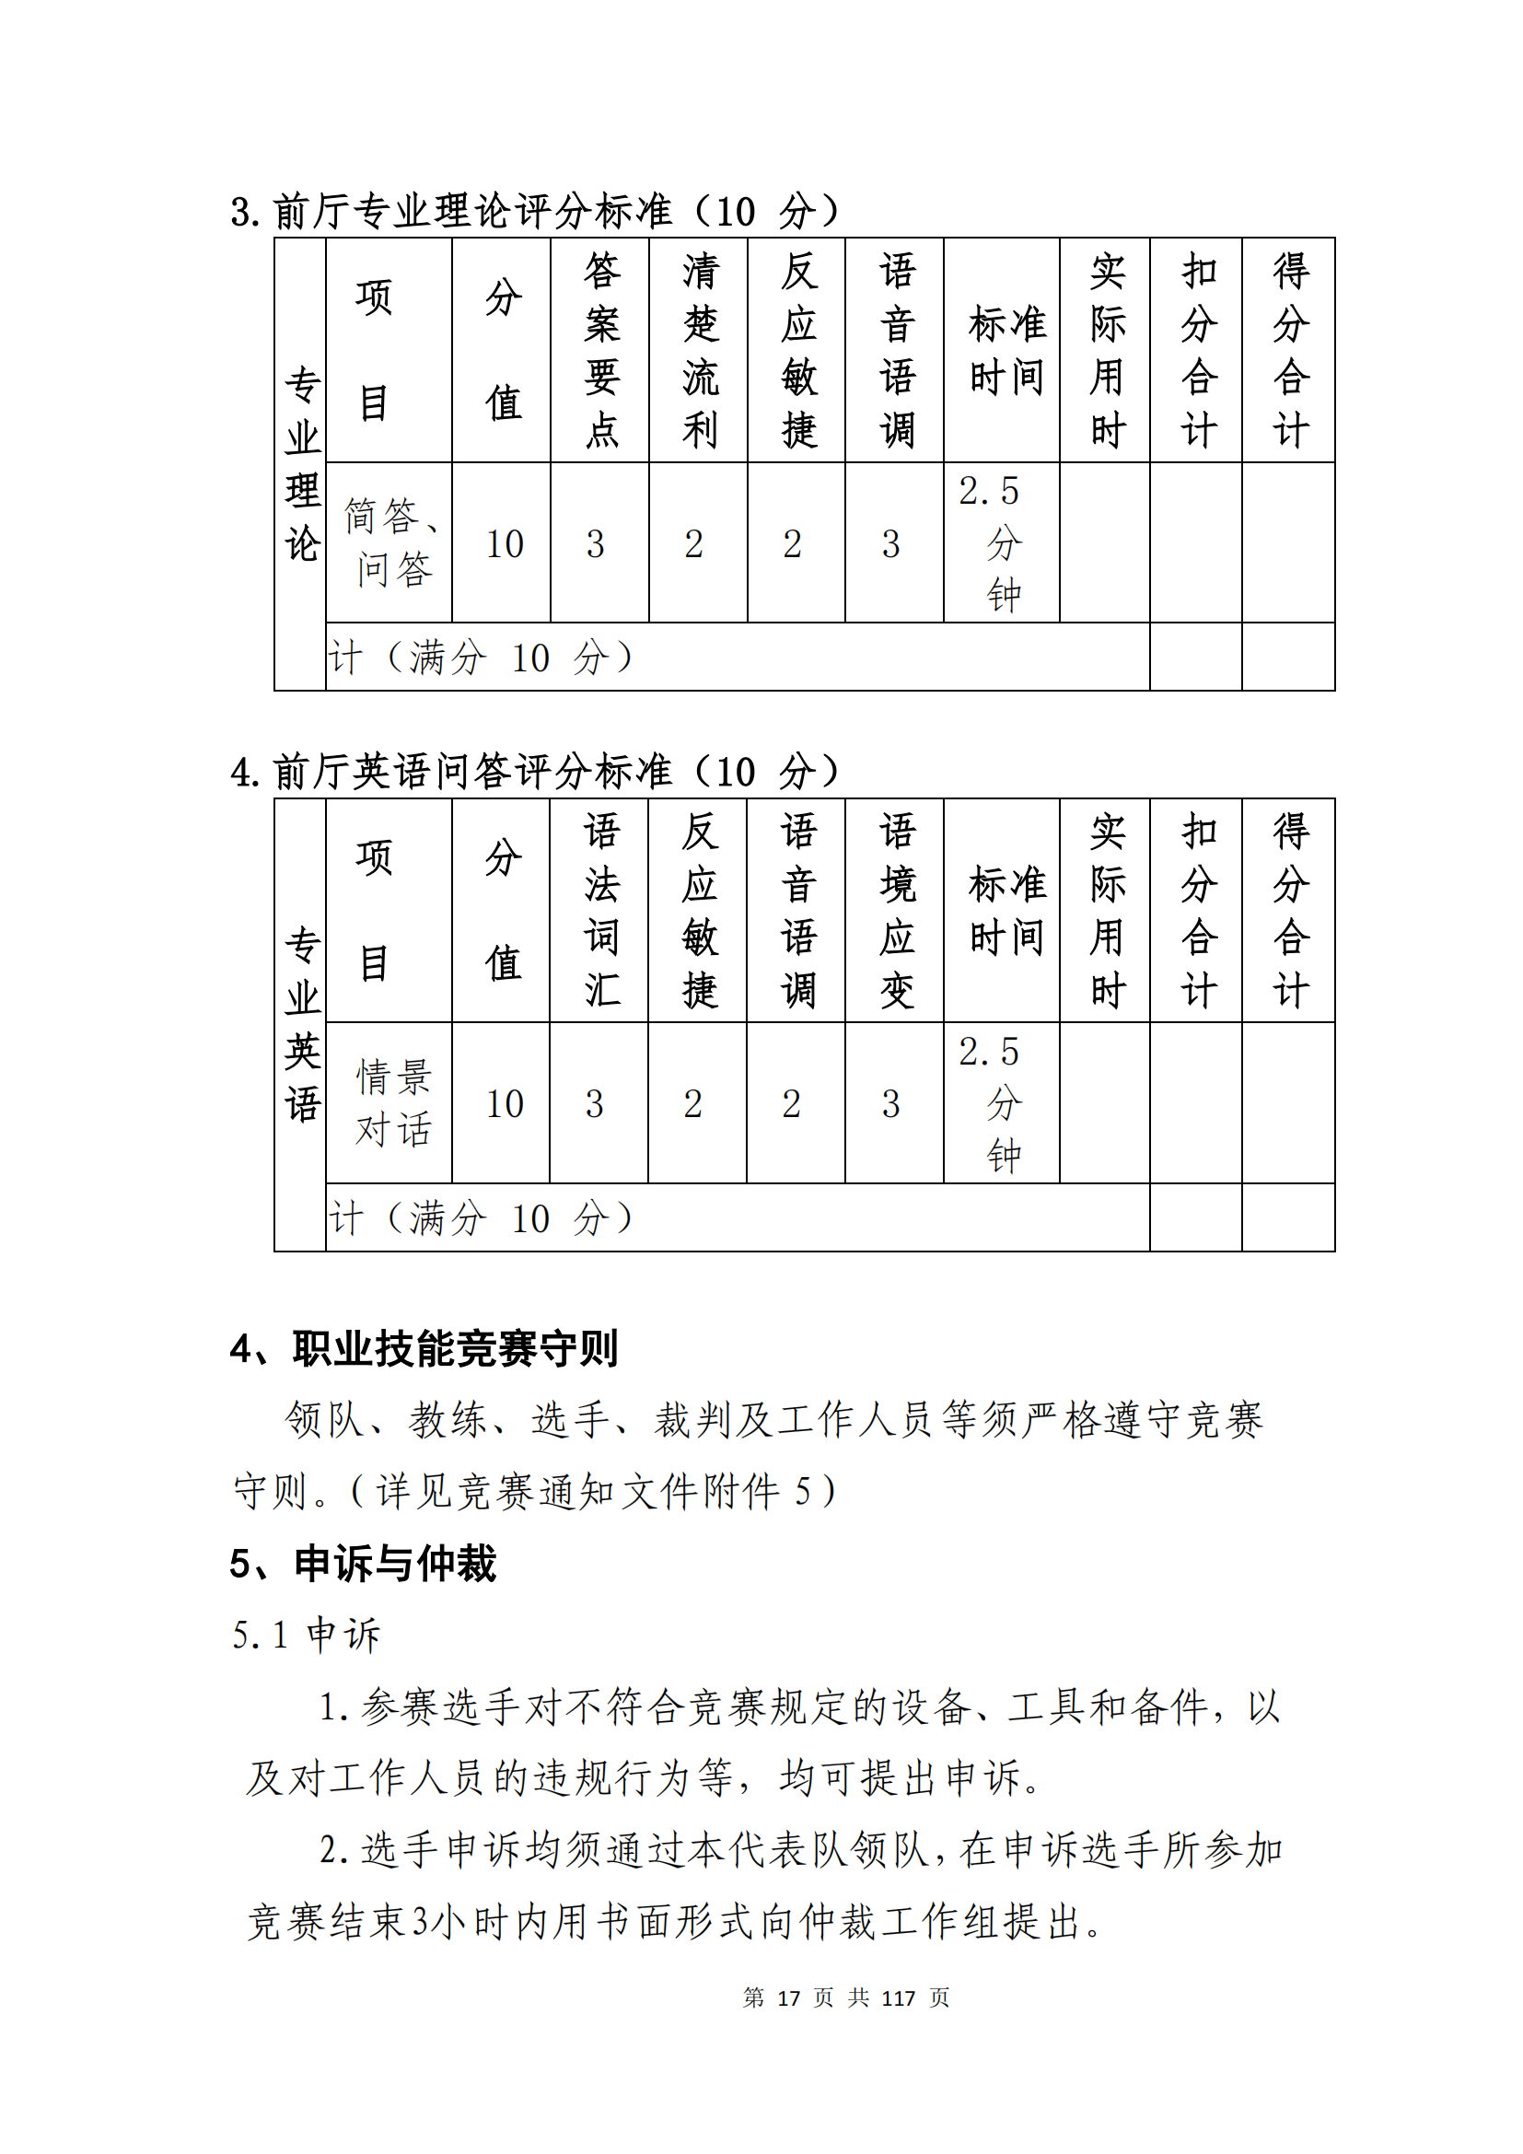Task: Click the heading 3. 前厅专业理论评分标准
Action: tap(535, 211)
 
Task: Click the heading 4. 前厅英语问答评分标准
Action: tap(535, 771)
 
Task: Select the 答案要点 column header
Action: tap(600, 350)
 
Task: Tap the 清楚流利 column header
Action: tap(700, 350)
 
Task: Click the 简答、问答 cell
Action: tap(389, 542)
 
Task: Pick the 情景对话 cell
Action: tap(393, 1103)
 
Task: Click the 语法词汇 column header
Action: tap(600, 910)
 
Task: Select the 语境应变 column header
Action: tap(896, 910)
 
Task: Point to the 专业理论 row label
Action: tap(302, 464)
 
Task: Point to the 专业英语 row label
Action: tap(302, 1024)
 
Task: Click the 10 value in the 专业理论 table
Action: tap(504, 544)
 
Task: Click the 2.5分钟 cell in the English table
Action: tap(1002, 1103)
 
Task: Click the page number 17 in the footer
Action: tap(788, 1997)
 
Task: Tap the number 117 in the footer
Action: tap(898, 1997)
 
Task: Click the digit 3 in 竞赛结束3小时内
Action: tap(420, 1921)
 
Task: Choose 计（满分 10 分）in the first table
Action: tap(480, 658)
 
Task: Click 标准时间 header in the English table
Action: tap(1006, 910)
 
